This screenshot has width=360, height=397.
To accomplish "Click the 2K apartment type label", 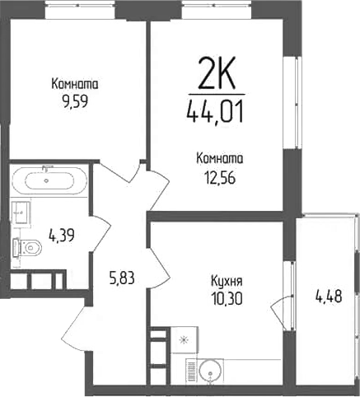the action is pyautogui.click(x=217, y=72).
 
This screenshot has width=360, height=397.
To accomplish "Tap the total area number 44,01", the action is pyautogui.click(x=215, y=112).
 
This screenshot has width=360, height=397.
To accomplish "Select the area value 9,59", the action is pyautogui.click(x=75, y=101).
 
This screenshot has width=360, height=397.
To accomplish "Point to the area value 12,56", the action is pyautogui.click(x=220, y=178).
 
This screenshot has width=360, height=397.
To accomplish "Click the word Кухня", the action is pyautogui.click(x=227, y=282).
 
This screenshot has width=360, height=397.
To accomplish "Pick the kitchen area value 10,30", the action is pyautogui.click(x=227, y=299).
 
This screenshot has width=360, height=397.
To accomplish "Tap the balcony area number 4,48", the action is pyautogui.click(x=329, y=297).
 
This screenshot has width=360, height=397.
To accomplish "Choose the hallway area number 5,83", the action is pyautogui.click(x=122, y=278).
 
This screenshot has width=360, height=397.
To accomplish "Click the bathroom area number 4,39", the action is pyautogui.click(x=62, y=236).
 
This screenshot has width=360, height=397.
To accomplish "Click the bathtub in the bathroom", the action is pyautogui.click(x=49, y=180).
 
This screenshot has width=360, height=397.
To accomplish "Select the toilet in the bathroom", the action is pyautogui.click(x=27, y=248).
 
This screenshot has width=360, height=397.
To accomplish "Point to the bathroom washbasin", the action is pyautogui.click(x=21, y=213).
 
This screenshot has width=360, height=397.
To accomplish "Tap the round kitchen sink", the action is pyautogui.click(x=210, y=371).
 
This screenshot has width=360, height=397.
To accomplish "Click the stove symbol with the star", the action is pyautogui.click(x=184, y=340).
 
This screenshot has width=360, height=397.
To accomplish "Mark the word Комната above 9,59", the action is pyautogui.click(x=75, y=84).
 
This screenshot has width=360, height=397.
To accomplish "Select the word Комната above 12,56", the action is pyautogui.click(x=220, y=159).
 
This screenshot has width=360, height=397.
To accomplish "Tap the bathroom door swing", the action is pyautogui.click(x=101, y=233).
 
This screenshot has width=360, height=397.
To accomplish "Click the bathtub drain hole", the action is pyautogui.click(x=46, y=180).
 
